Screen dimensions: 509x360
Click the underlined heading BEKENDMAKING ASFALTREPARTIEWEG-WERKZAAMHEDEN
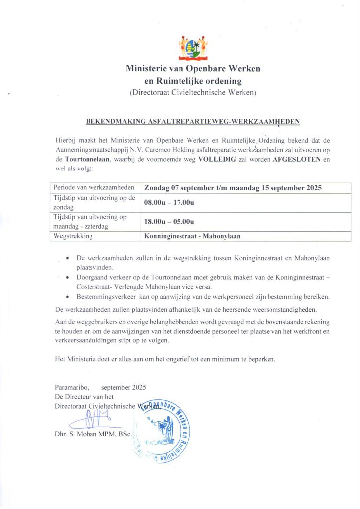point(193,121)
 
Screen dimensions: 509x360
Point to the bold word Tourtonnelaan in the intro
point(88,160)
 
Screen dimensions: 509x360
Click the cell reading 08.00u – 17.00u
point(169,203)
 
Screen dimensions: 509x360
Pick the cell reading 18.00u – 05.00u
point(169,222)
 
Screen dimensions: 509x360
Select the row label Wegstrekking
point(73,236)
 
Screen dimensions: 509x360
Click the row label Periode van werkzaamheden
point(94,187)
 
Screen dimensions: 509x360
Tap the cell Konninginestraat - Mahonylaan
point(192,236)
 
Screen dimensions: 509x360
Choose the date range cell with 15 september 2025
point(233,188)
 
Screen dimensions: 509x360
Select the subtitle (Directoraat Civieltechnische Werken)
point(192,92)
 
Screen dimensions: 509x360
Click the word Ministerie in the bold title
point(149,69)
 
